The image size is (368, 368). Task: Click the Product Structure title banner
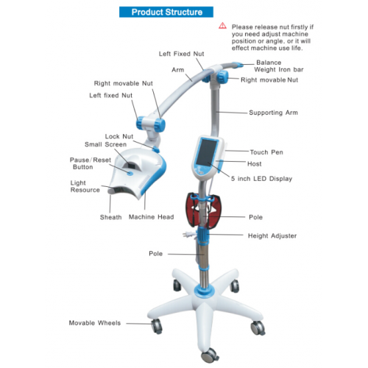[166, 12]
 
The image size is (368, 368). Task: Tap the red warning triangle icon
[223, 26]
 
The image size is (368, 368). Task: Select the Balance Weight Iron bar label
[279, 66]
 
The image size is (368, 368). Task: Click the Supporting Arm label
[273, 113]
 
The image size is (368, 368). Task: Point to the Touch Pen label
[266, 152]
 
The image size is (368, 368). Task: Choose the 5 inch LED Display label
[261, 179]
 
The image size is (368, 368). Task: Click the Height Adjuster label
[272, 236]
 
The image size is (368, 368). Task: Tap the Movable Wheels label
[95, 323]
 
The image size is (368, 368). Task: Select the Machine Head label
[151, 217]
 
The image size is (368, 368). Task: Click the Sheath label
[110, 217]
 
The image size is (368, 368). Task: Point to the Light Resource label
[85, 186]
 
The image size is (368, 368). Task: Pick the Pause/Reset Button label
[91, 163]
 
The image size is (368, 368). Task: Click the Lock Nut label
[119, 136]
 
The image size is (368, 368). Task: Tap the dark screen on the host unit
[208, 152]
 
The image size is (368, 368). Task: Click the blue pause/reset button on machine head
[130, 173]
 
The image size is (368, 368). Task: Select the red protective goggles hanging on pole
[204, 210]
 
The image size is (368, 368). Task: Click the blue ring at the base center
[204, 291]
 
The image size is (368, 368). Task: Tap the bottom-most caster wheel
[210, 355]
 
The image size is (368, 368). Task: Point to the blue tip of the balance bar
[238, 65]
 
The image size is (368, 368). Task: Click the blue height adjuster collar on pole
[202, 235]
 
